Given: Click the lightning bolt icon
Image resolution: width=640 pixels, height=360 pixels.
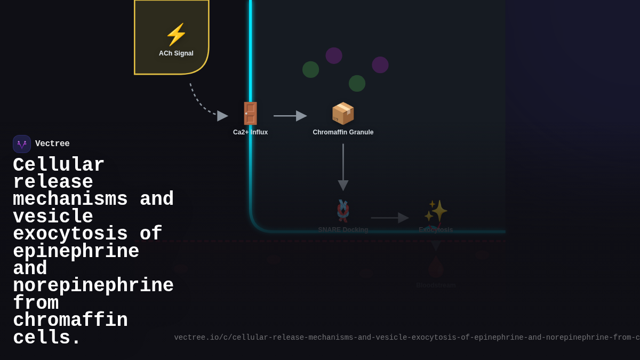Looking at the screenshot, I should [x=176, y=35].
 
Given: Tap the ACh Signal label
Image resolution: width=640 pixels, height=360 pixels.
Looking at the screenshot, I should [x=176, y=53].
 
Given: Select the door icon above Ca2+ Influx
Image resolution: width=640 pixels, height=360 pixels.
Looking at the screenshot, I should [x=250, y=114].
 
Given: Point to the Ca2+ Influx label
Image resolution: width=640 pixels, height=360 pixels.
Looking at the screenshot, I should [x=250, y=132].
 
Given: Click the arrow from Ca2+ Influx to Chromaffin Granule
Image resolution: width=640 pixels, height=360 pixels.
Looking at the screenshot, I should [x=290, y=116].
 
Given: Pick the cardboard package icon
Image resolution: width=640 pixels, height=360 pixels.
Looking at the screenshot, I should [x=343, y=113].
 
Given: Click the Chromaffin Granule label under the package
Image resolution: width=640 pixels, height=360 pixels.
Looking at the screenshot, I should [x=343, y=132].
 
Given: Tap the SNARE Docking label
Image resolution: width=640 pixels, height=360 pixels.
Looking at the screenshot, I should [x=343, y=230].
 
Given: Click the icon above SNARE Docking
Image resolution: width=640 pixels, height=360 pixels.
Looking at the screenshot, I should [x=343, y=211].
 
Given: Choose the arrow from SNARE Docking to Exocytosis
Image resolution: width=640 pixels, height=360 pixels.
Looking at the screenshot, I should [x=389, y=218].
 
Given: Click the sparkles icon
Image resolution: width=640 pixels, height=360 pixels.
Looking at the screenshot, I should [x=436, y=211].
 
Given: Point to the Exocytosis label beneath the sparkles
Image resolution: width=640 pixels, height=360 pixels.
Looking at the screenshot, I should [x=436, y=230].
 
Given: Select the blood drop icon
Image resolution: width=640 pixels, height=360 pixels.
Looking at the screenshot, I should [x=436, y=267].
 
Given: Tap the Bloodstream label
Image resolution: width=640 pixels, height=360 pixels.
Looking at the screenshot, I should [x=436, y=285].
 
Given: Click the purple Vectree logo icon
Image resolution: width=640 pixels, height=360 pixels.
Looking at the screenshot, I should [x=22, y=144].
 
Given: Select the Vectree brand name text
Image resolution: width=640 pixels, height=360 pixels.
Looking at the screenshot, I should [x=52, y=144].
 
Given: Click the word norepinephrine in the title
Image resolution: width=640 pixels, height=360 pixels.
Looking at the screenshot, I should [x=93, y=286].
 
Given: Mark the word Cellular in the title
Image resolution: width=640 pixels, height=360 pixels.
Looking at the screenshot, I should [x=59, y=165].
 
